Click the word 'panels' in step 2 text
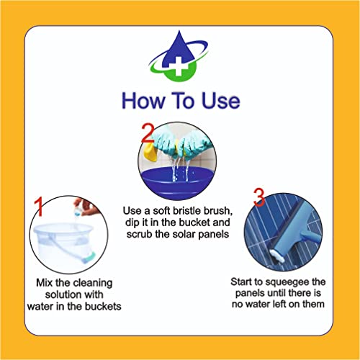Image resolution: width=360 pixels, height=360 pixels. [209, 235]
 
